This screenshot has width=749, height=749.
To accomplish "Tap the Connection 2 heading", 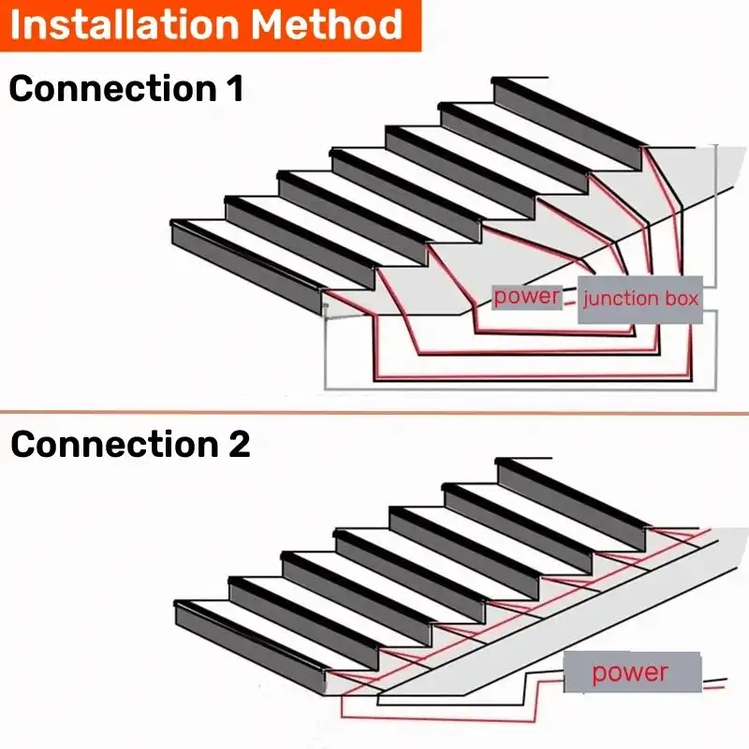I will click(x=130, y=445).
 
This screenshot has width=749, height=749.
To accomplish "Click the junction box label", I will click(x=640, y=300).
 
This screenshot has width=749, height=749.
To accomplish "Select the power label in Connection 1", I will click(x=527, y=297).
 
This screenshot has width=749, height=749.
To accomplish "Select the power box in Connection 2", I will click(x=631, y=672).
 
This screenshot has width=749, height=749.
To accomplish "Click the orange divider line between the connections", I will click(x=374, y=412).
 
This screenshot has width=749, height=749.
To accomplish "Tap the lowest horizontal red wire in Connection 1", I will click(x=534, y=379).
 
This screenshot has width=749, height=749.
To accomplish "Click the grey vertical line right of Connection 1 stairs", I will click(x=716, y=215).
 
